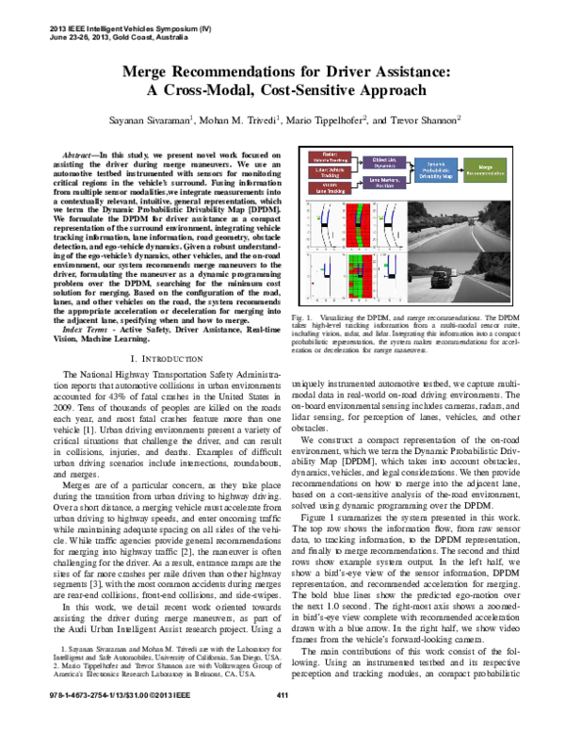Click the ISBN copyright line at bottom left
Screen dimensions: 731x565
tap(113, 721)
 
